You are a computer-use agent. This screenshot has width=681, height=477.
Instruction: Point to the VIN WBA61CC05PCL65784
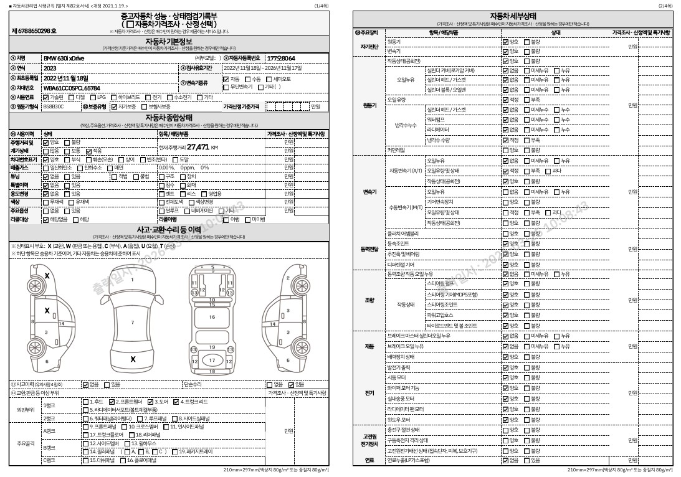tap(71, 88)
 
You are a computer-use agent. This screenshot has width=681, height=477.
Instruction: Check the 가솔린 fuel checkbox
tap(46, 97)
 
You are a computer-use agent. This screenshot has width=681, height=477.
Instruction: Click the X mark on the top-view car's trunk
tap(133, 359)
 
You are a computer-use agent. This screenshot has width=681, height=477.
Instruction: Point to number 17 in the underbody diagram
tap(212, 360)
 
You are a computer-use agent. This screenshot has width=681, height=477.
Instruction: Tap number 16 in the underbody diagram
tap(212, 317)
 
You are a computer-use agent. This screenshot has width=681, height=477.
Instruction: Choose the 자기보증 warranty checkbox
tap(114, 106)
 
